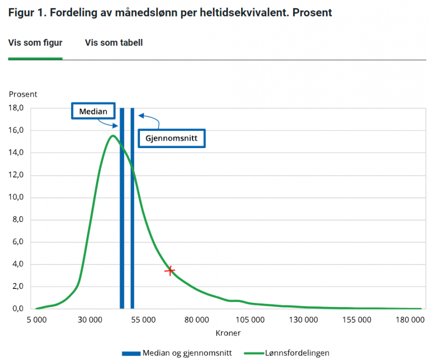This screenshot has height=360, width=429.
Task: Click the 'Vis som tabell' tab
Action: [x=113, y=43]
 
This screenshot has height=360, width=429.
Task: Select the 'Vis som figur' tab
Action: [x=35, y=43]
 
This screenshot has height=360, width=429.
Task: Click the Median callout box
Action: [x=93, y=111]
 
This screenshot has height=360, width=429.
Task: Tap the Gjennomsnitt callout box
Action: [x=171, y=137]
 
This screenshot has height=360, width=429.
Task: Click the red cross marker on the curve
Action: [x=170, y=270]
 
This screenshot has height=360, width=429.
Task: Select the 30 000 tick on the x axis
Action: [x=90, y=320]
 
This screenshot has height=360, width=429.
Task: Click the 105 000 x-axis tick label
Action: [x=250, y=320]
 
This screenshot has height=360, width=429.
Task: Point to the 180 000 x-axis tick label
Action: [x=410, y=320]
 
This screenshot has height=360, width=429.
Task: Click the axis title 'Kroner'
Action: [x=228, y=332]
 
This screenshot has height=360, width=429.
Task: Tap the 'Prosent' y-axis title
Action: [x=23, y=94]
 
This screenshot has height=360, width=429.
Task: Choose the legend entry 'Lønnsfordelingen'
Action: [x=286, y=353]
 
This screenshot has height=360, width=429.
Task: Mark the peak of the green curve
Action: [x=112, y=135]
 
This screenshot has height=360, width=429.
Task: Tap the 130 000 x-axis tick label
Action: [x=303, y=320]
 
